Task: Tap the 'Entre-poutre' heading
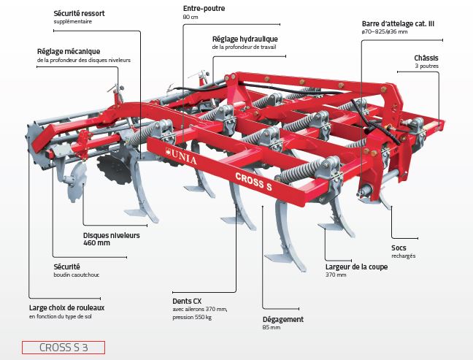point(204,9)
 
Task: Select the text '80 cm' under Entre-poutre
point(191,17)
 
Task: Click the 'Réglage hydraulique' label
point(245,39)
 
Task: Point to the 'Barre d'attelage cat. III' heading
point(399,23)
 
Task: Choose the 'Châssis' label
point(426,57)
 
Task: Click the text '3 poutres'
point(427,66)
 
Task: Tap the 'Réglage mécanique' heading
point(69,51)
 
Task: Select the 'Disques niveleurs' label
point(112,235)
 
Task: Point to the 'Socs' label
point(398,248)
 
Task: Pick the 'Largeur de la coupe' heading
point(356,267)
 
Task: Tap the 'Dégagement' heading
point(282,319)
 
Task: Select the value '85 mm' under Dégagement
point(271,328)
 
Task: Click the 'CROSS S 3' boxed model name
point(64,348)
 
